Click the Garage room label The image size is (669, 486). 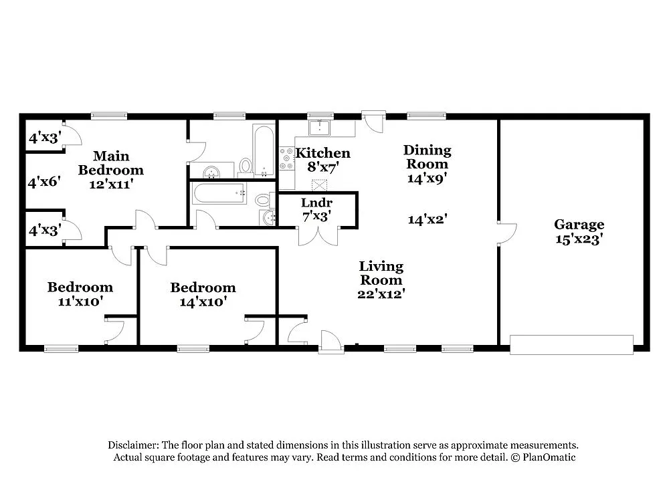click(579, 225)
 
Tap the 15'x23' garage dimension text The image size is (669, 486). click(579, 239)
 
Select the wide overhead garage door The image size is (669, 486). click(571, 344)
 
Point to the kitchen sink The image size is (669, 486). click(322, 126)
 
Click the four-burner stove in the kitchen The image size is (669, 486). click(286, 158)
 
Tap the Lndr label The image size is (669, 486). click(317, 203)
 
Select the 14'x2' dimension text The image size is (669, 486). click(427, 218)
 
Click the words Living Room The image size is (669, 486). click(381, 273)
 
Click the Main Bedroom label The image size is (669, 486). click(110, 163)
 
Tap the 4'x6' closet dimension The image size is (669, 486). click(45, 181)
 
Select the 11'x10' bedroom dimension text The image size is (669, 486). click(80, 301)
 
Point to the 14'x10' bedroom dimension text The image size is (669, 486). click(203, 301)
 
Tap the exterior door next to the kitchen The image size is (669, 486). click(372, 121)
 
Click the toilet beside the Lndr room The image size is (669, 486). click(264, 200)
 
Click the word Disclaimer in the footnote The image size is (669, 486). click(132, 445)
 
